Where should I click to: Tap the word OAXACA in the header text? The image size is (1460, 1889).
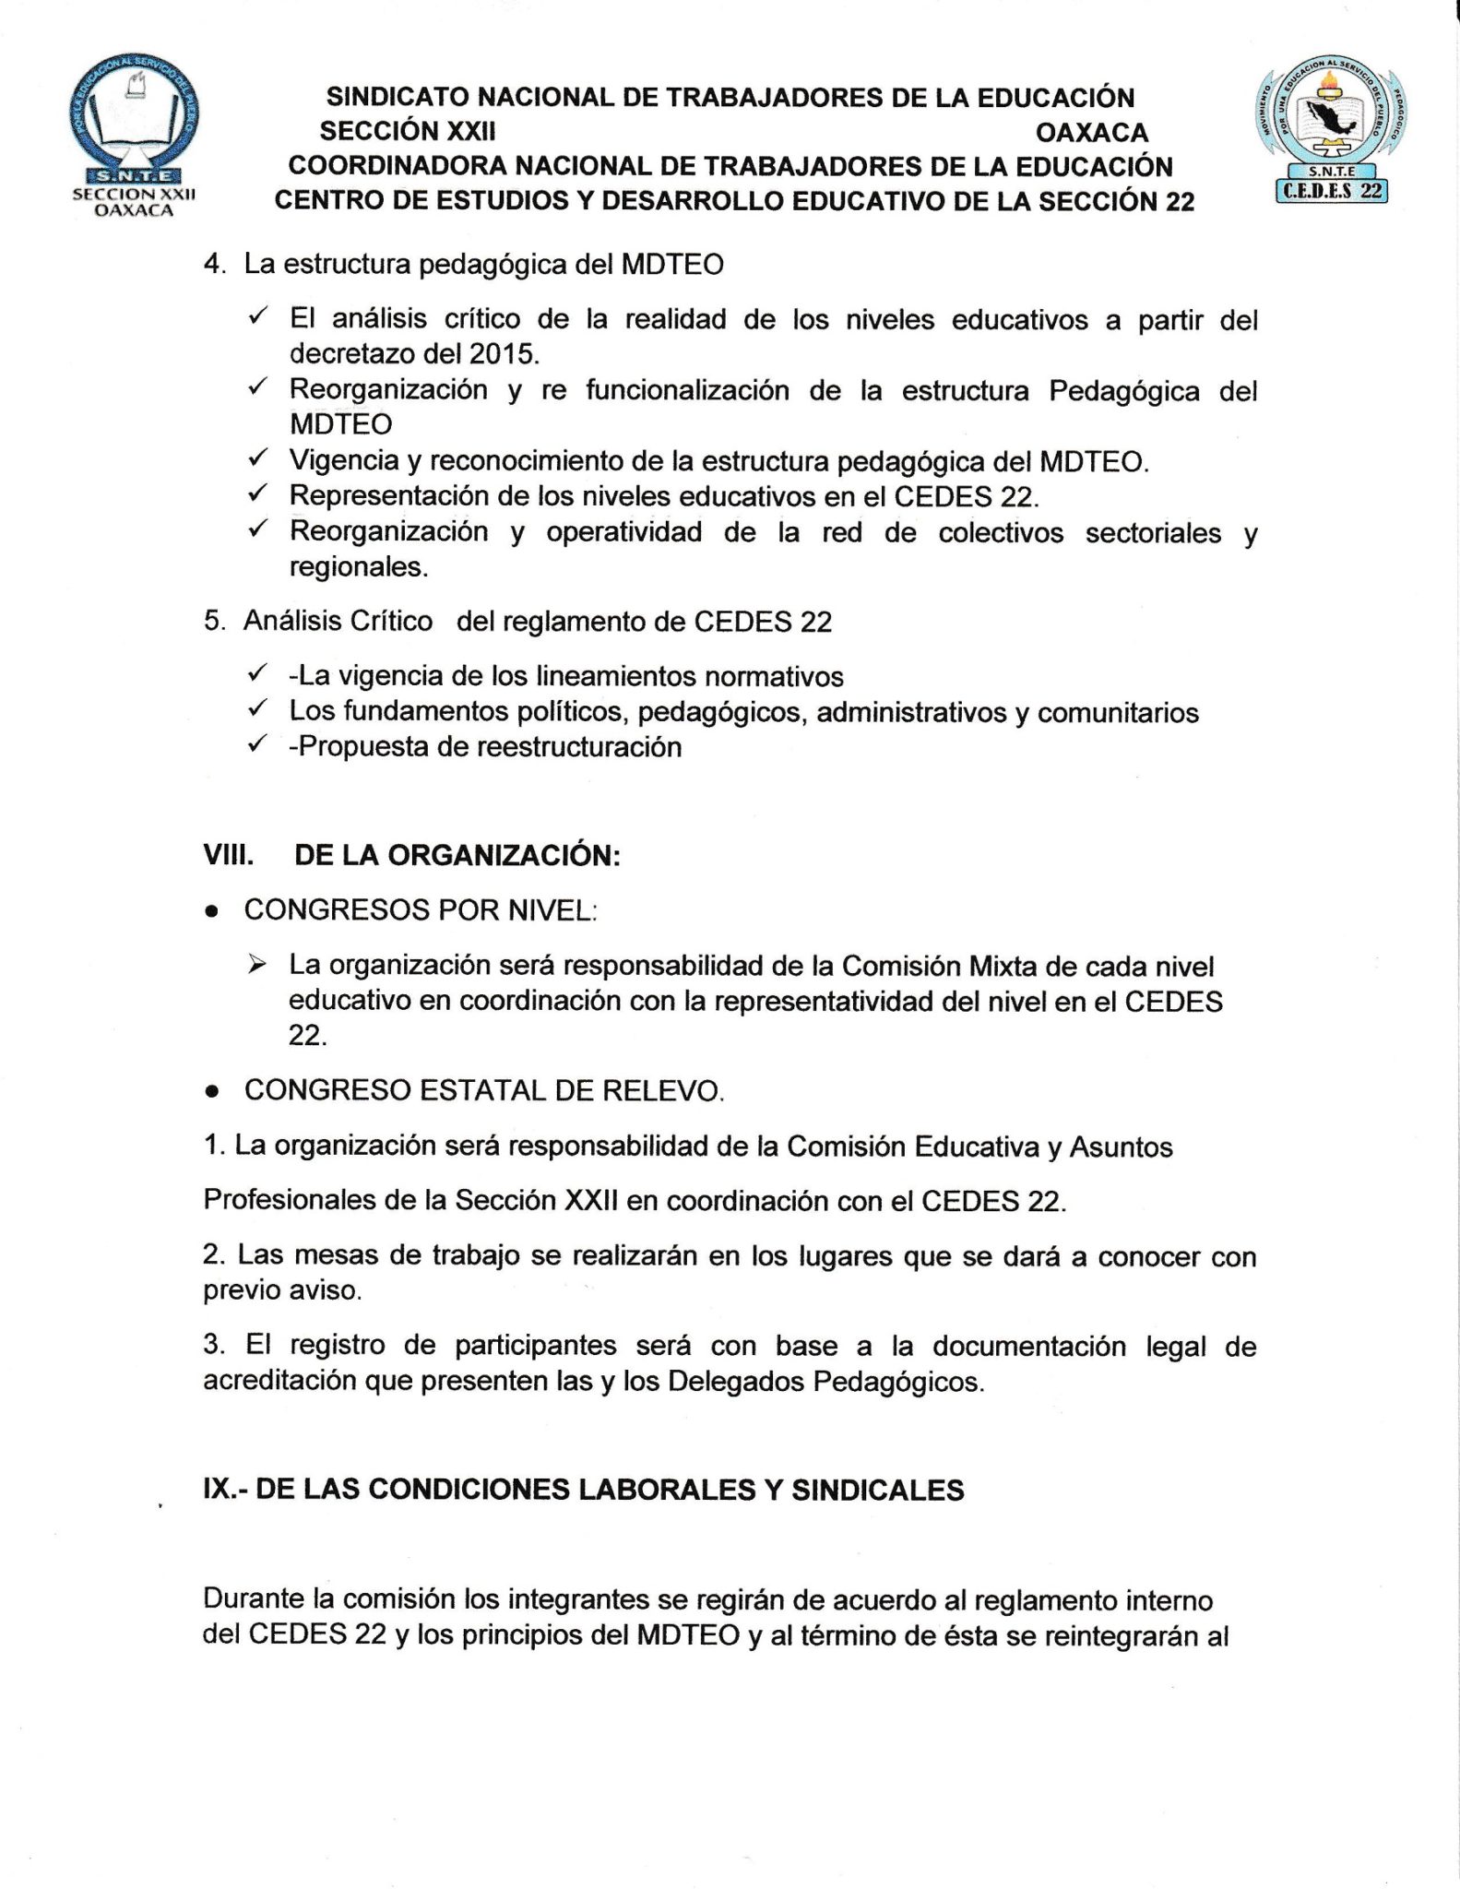[x=1092, y=133]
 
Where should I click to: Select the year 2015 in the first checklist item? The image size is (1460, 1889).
[x=501, y=354]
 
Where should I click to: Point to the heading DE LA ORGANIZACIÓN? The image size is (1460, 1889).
[x=457, y=856]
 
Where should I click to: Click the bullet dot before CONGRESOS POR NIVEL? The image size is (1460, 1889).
[x=212, y=912]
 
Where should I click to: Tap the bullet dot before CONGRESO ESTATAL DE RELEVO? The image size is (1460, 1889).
[x=212, y=1092]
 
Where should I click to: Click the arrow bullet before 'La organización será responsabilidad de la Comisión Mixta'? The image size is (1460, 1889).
[x=257, y=965]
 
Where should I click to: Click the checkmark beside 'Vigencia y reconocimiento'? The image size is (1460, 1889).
[x=257, y=458]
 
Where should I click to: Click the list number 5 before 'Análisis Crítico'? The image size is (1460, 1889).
[x=214, y=622]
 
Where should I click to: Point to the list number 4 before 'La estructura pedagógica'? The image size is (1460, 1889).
[x=214, y=265]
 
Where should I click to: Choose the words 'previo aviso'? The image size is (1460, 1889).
[x=281, y=1289]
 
